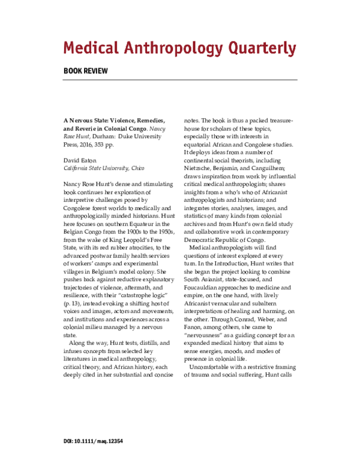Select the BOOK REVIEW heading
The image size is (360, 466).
[x=86, y=70]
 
